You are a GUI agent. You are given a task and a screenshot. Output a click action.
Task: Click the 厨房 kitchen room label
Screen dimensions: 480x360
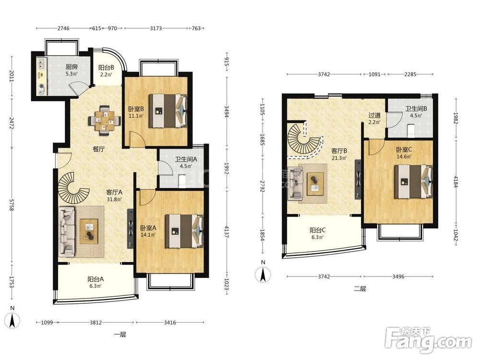(72, 67)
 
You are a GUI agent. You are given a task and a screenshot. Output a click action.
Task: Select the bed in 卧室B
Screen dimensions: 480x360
(168, 110)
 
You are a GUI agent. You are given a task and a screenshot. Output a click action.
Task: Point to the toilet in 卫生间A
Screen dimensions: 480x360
(182, 180)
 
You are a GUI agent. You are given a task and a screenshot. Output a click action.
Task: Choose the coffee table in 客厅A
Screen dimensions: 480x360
(89, 231)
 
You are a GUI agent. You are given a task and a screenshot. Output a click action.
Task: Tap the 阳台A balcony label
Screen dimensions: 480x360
(96, 279)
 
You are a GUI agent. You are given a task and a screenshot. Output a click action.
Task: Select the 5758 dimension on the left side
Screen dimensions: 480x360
(12, 204)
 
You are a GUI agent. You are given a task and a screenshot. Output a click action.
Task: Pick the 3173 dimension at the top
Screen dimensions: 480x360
(156, 28)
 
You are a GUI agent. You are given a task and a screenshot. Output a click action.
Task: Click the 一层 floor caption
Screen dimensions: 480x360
(120, 334)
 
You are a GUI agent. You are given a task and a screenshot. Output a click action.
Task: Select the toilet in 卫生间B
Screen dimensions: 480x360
(411, 131)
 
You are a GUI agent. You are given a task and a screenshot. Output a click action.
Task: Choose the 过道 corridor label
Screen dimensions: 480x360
(374, 115)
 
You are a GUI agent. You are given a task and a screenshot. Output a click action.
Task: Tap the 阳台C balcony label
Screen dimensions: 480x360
(317, 230)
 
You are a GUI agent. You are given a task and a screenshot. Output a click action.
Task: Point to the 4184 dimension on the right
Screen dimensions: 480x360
(456, 182)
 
